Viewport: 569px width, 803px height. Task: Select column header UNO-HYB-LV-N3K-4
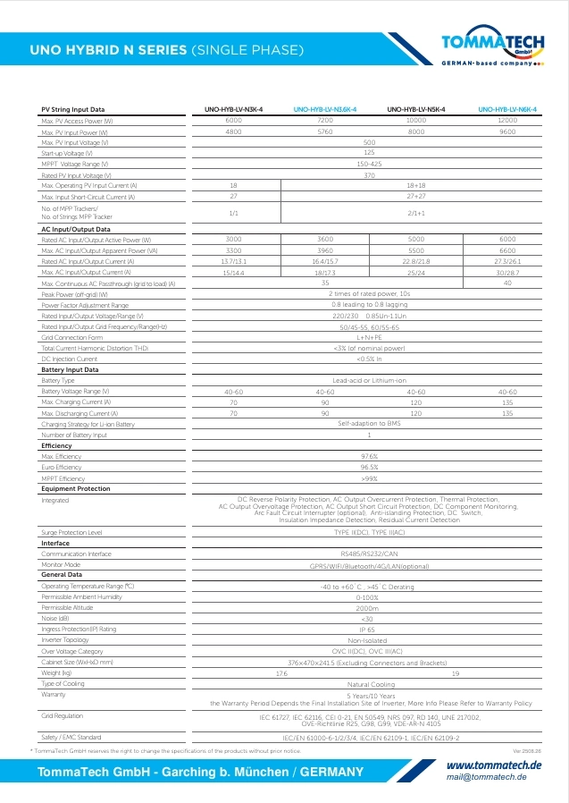coord(233,109)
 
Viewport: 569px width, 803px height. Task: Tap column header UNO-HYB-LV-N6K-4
coord(507,109)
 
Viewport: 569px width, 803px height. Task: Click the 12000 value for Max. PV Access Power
coord(507,120)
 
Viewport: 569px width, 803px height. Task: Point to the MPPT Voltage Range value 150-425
coord(369,164)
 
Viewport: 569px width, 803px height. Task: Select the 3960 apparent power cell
coord(325,250)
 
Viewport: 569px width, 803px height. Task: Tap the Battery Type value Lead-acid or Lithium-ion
coord(369,381)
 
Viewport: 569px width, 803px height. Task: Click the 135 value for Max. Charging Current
coord(507,402)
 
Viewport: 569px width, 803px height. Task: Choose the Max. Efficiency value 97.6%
coord(369,456)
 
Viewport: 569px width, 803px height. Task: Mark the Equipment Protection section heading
coord(76,489)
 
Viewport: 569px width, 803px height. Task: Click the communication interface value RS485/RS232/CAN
coord(369,554)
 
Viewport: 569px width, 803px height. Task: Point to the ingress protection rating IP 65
coord(369,630)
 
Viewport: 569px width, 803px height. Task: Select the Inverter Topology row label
coord(65,640)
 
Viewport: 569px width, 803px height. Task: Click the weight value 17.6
coord(281,672)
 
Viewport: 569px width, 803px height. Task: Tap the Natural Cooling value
coord(369,683)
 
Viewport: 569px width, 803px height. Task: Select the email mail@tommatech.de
coord(486,776)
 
